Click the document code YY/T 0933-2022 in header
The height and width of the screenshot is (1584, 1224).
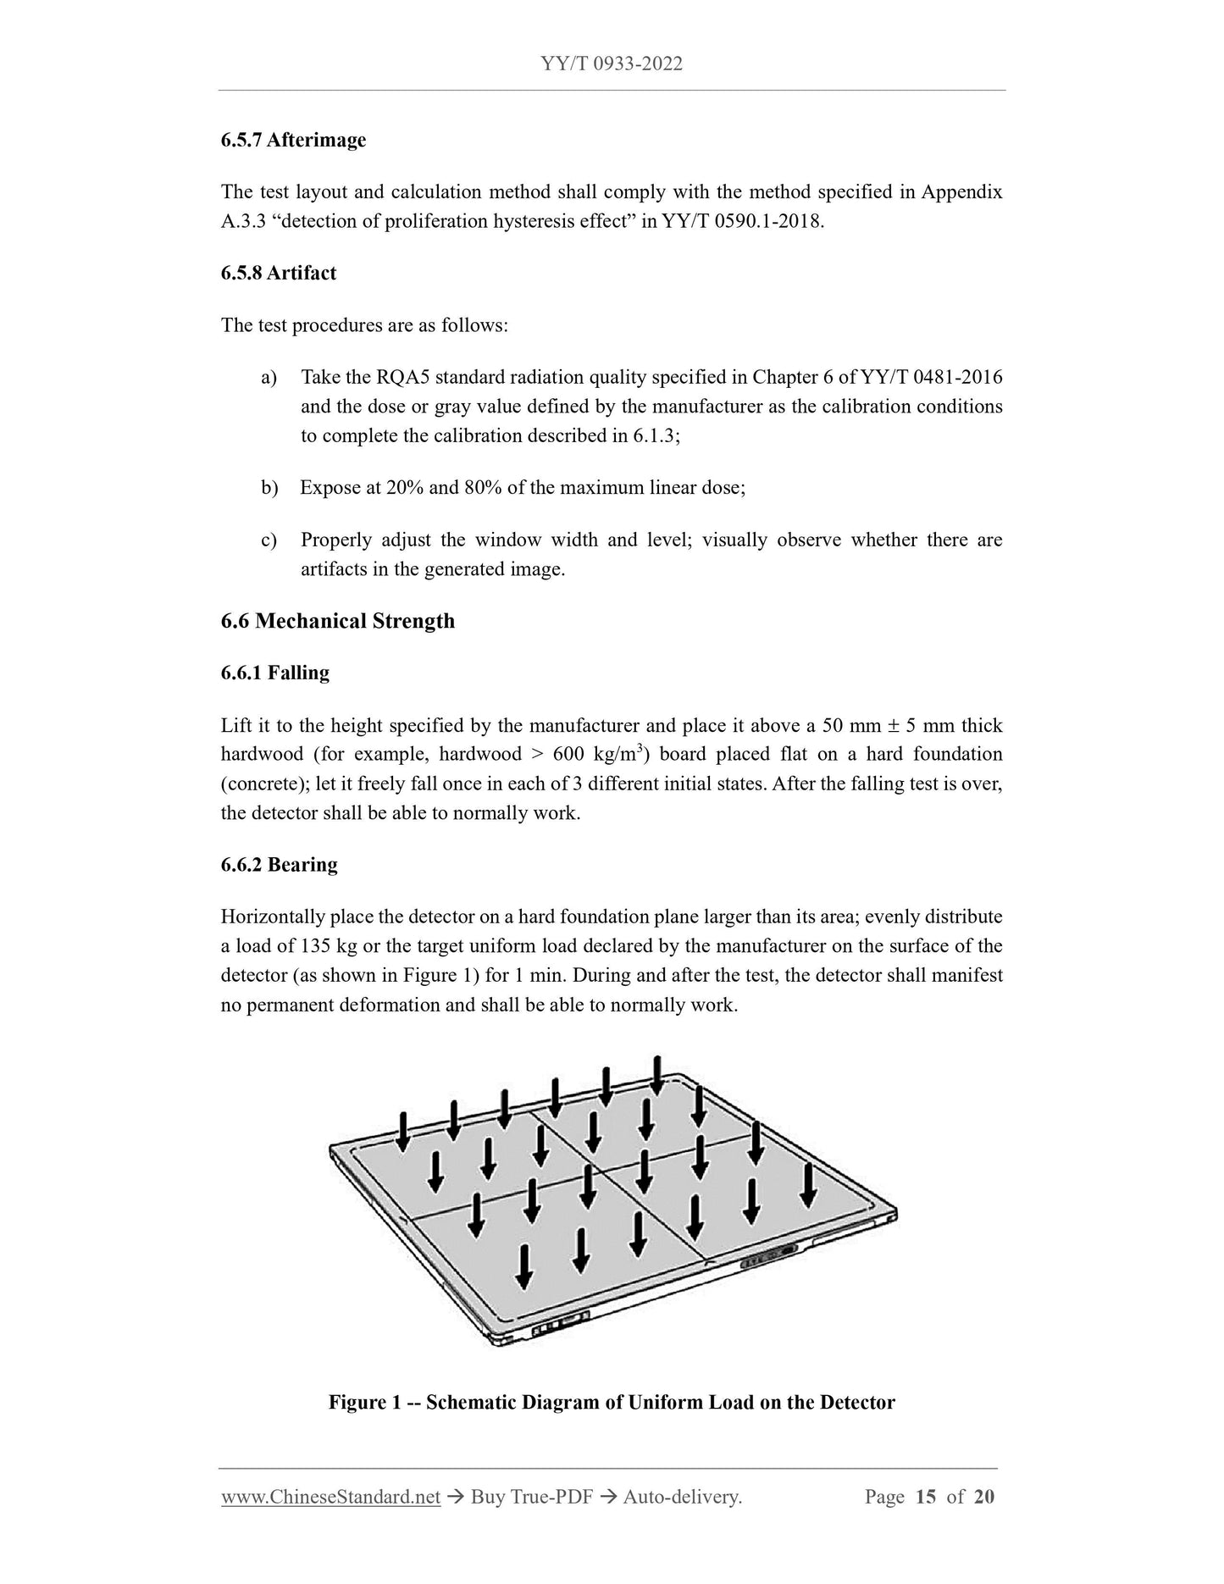pyautogui.click(x=611, y=64)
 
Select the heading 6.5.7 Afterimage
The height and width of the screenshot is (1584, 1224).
pyautogui.click(x=293, y=140)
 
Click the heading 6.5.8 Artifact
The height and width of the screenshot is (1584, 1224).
pyautogui.click(x=278, y=273)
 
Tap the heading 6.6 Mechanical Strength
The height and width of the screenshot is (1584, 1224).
pyautogui.click(x=337, y=621)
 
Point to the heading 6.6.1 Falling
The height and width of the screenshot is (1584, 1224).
pyautogui.click(x=274, y=673)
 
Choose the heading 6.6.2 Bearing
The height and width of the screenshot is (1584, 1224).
pyautogui.click(x=279, y=865)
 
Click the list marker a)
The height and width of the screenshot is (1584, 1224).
pyautogui.click(x=269, y=377)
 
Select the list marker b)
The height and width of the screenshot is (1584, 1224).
pyautogui.click(x=269, y=488)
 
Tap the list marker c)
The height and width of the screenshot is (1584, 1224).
pyautogui.click(x=269, y=540)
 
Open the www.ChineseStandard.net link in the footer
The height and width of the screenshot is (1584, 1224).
pyautogui.click(x=330, y=1498)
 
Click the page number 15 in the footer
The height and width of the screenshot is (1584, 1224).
pyautogui.click(x=926, y=1498)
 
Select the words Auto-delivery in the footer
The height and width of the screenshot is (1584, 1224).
pyautogui.click(x=682, y=1498)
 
